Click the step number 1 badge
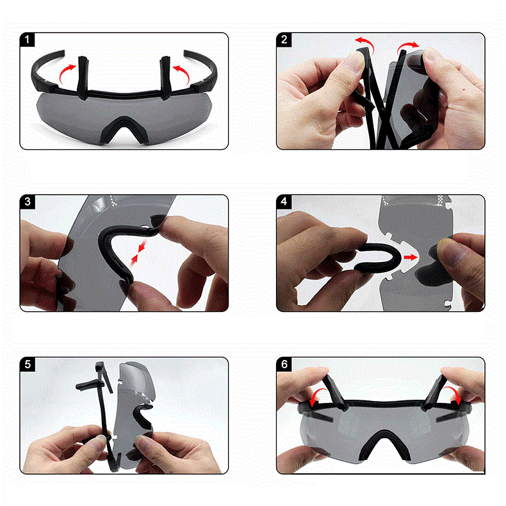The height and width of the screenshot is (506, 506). (x=27, y=40)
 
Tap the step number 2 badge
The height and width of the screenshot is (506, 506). (x=284, y=40)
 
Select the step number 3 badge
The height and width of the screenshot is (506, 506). (x=28, y=202)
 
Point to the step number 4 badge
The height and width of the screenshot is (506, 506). (x=284, y=202)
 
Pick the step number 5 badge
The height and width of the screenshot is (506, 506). (x=28, y=364)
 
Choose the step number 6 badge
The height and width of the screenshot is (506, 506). (x=284, y=364)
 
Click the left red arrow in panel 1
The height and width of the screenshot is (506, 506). (x=65, y=72)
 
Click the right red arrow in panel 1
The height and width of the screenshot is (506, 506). (x=183, y=72)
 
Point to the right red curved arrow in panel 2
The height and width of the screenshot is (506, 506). (x=407, y=45)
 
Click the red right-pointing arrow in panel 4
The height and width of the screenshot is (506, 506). (x=411, y=257)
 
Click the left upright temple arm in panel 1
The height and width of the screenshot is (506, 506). (x=83, y=78)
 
